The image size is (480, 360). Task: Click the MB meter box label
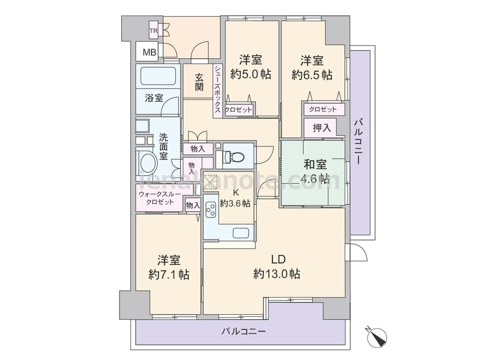pyautogui.click(x=150, y=52)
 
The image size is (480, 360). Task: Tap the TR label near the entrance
pyautogui.click(x=154, y=31)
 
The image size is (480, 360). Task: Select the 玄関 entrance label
pyautogui.click(x=199, y=82)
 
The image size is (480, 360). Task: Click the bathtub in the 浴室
pyautogui.click(x=158, y=76)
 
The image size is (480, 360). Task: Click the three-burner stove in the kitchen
pyautogui.click(x=211, y=210)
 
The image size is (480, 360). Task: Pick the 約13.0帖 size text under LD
pyautogui.click(x=277, y=274)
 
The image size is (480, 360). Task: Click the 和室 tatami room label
pyautogui.click(x=315, y=165)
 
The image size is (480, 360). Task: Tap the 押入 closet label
pyautogui.click(x=322, y=128)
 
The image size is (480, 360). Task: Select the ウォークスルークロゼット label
pyautogui.click(x=160, y=198)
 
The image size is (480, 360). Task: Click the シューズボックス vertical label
pyautogui.click(x=217, y=89)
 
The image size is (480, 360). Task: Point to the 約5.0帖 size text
pyautogui.click(x=251, y=74)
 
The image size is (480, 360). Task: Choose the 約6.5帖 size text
pyautogui.click(x=312, y=75)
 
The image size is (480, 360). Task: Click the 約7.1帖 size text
pyautogui.click(x=169, y=275)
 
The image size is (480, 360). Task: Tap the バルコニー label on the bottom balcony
pyautogui.click(x=244, y=331)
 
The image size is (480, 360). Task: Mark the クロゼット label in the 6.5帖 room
pyautogui.click(x=323, y=109)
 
